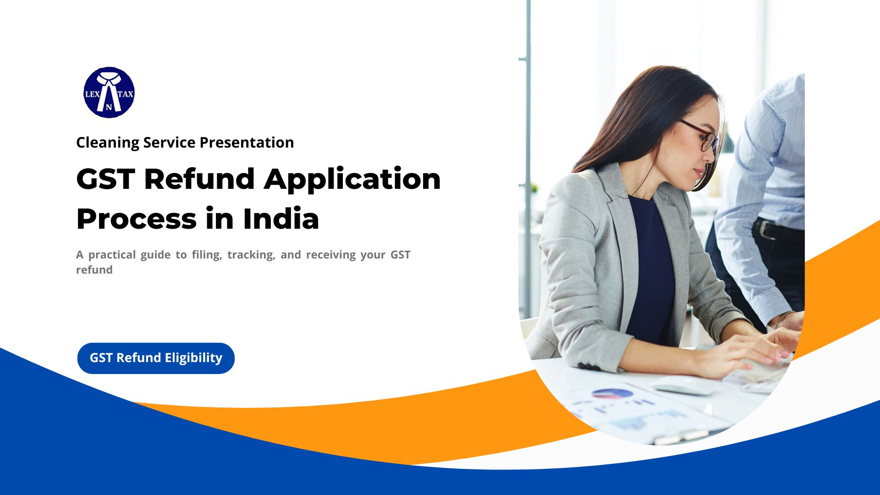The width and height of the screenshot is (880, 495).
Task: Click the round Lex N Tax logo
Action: pyautogui.click(x=109, y=93)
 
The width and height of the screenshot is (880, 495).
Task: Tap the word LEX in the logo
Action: pyautogui.click(x=92, y=94)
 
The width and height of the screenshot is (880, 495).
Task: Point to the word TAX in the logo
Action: pyautogui.click(x=126, y=94)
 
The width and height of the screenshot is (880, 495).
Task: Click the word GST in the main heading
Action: pyautogui.click(x=105, y=179)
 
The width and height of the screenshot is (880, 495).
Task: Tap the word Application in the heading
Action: pyautogui.click(x=352, y=180)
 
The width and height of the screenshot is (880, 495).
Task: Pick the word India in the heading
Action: pyautogui.click(x=280, y=219)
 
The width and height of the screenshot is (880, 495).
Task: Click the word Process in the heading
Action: pyautogui.click(x=136, y=219)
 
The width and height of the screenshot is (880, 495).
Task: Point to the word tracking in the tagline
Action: pyautogui.click(x=251, y=255)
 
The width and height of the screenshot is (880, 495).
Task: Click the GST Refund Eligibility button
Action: pyautogui.click(x=156, y=358)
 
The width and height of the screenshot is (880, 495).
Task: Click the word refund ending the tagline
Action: pyautogui.click(x=94, y=270)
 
